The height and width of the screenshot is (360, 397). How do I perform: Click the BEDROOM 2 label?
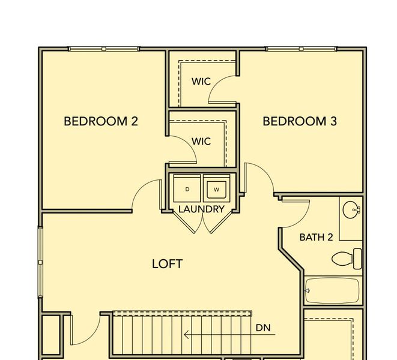click(101, 121)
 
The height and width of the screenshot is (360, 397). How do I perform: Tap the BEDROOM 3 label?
click(300, 121)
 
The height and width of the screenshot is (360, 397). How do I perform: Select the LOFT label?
click(167, 264)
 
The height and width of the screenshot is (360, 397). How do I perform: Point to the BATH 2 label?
click(316, 237)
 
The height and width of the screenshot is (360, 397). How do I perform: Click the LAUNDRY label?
click(202, 209)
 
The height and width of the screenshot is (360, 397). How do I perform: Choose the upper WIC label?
click(201, 81)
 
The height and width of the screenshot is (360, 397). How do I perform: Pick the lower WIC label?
click(201, 141)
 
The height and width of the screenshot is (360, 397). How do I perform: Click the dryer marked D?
click(187, 190)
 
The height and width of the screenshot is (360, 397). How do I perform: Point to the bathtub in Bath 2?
click(332, 290)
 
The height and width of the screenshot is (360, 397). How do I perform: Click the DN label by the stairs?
click(263, 328)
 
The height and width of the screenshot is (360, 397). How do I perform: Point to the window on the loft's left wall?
click(40, 262)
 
